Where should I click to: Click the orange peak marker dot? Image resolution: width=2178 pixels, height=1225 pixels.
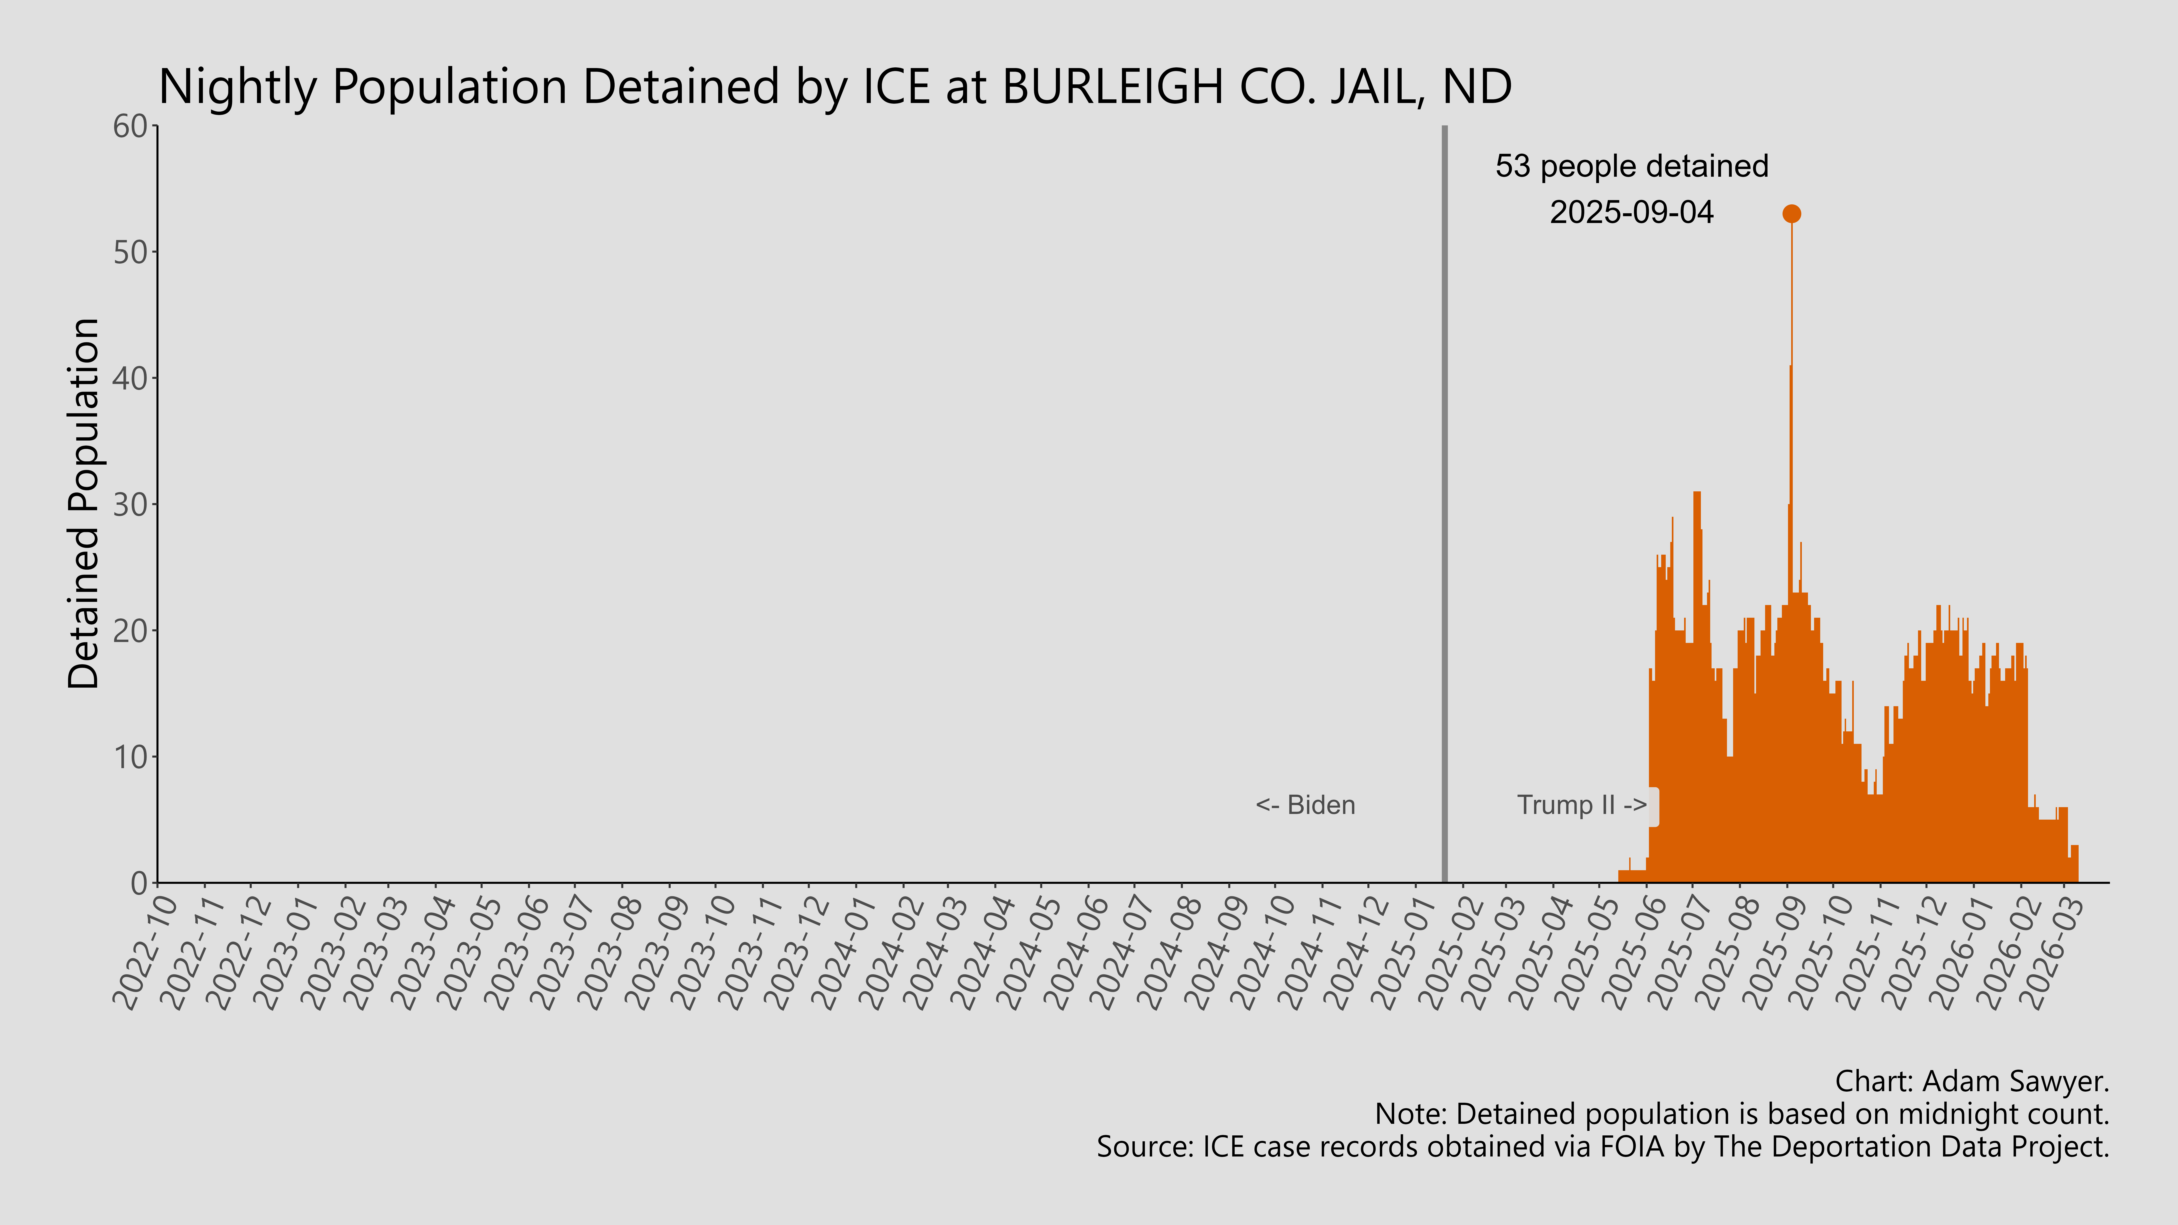tap(1791, 214)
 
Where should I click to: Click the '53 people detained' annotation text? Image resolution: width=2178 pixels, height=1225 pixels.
tap(1631, 167)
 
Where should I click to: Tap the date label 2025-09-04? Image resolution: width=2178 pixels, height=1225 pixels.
tap(1631, 212)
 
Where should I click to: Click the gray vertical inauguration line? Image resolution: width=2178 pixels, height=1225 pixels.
tap(1444, 507)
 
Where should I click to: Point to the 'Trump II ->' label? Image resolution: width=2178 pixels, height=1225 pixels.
tap(1581, 805)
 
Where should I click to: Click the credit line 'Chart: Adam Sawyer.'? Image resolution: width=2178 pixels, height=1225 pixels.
tap(1972, 1081)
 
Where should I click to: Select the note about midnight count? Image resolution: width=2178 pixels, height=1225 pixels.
tap(1742, 1114)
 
